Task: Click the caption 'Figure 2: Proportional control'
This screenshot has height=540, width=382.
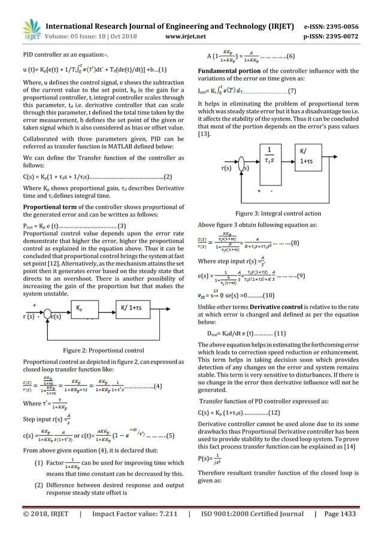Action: [x=98, y=350]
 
